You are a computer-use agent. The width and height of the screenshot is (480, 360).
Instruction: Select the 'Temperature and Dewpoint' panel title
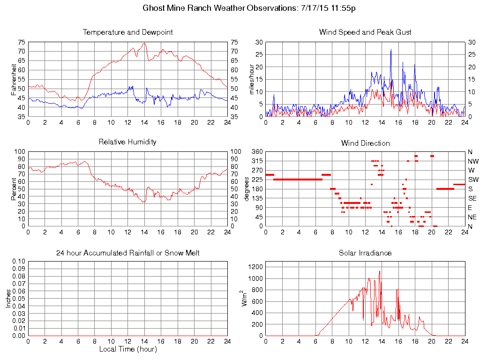(127, 32)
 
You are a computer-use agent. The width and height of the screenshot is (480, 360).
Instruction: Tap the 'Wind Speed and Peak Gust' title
(365, 32)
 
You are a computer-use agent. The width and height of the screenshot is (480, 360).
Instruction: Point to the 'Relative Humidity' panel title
(127, 142)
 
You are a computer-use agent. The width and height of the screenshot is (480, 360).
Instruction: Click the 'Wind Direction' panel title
(365, 143)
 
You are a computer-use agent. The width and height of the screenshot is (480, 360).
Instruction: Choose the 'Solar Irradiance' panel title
(365, 253)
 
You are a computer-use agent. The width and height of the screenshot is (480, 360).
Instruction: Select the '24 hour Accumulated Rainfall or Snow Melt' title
(127, 253)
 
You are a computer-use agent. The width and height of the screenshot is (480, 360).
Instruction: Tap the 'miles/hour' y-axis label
(252, 79)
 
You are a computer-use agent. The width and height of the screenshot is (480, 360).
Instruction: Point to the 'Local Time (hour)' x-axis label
(127, 349)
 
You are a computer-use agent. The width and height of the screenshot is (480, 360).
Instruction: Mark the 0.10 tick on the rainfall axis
(19, 261)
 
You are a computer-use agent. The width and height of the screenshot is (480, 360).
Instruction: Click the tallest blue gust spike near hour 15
(391, 50)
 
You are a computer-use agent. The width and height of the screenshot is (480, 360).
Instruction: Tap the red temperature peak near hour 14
(144, 43)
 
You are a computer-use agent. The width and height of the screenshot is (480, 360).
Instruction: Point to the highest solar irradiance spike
(380, 271)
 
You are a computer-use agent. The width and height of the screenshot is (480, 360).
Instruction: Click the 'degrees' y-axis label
(247, 188)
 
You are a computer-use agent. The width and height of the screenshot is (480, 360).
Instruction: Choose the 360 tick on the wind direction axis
(257, 152)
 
